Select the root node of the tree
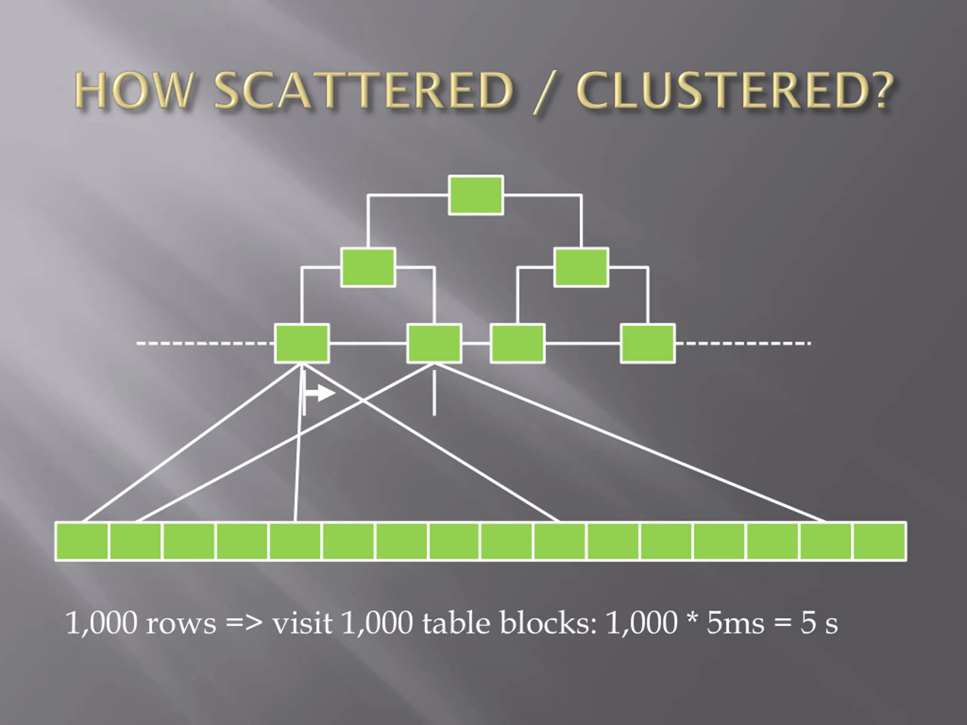pos(476,195)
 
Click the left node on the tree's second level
pos(368,267)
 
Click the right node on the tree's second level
pos(581,267)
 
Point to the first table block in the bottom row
pos(82,541)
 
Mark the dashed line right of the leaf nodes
pos(743,344)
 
